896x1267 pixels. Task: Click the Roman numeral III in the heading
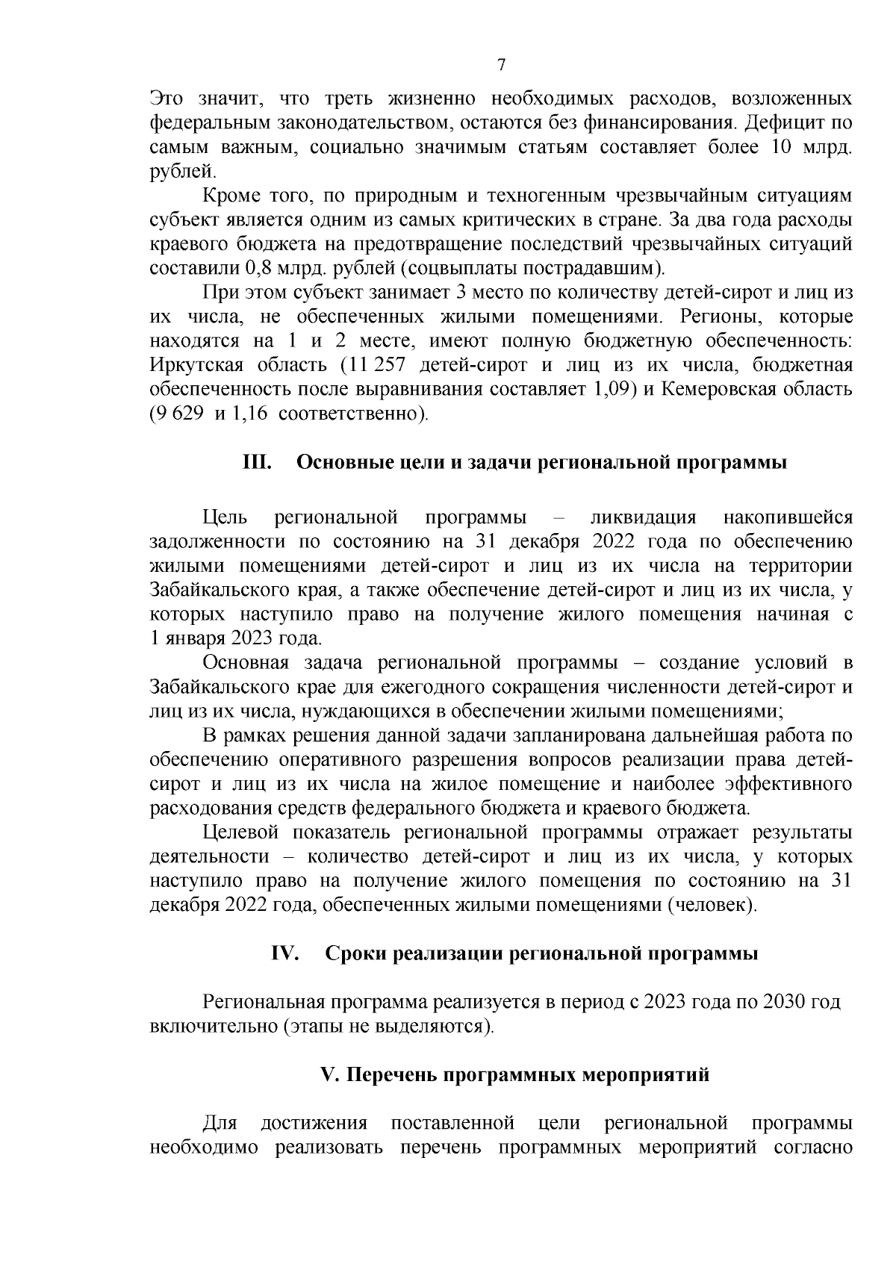[x=258, y=463]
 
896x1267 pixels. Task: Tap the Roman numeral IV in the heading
[x=284, y=954]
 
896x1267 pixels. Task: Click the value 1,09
[x=612, y=389]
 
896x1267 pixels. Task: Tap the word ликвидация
[x=643, y=518]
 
